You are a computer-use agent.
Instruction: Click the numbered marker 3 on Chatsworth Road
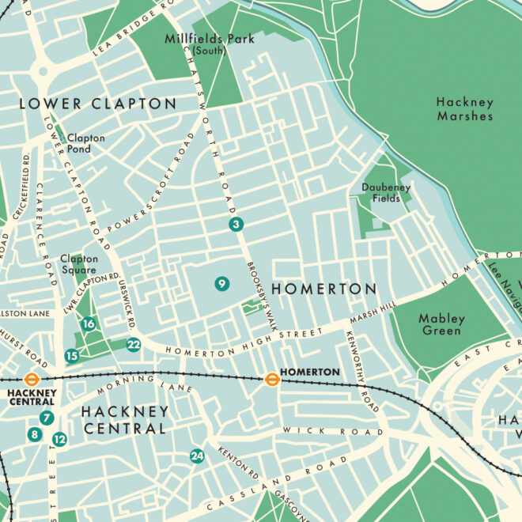(x=236, y=225)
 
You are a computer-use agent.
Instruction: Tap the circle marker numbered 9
(x=221, y=283)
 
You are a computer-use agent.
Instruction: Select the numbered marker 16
(x=89, y=323)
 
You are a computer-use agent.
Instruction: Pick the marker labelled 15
(x=72, y=356)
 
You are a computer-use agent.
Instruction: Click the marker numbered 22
(x=133, y=344)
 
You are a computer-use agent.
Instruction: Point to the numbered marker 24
(x=196, y=456)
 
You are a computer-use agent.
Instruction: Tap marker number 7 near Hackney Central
(x=47, y=418)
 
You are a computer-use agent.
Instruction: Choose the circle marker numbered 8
(x=34, y=434)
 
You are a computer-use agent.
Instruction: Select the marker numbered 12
(x=59, y=439)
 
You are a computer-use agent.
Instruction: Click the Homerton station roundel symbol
(x=271, y=379)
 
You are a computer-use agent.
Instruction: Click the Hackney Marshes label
(x=465, y=109)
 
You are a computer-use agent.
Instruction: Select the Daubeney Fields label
(x=387, y=193)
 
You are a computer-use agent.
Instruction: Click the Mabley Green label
(x=441, y=324)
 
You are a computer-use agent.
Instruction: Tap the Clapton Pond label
(x=85, y=143)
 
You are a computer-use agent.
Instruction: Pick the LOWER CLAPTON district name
(x=97, y=104)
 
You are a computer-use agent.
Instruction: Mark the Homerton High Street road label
(x=237, y=340)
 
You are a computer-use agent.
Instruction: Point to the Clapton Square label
(x=79, y=264)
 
